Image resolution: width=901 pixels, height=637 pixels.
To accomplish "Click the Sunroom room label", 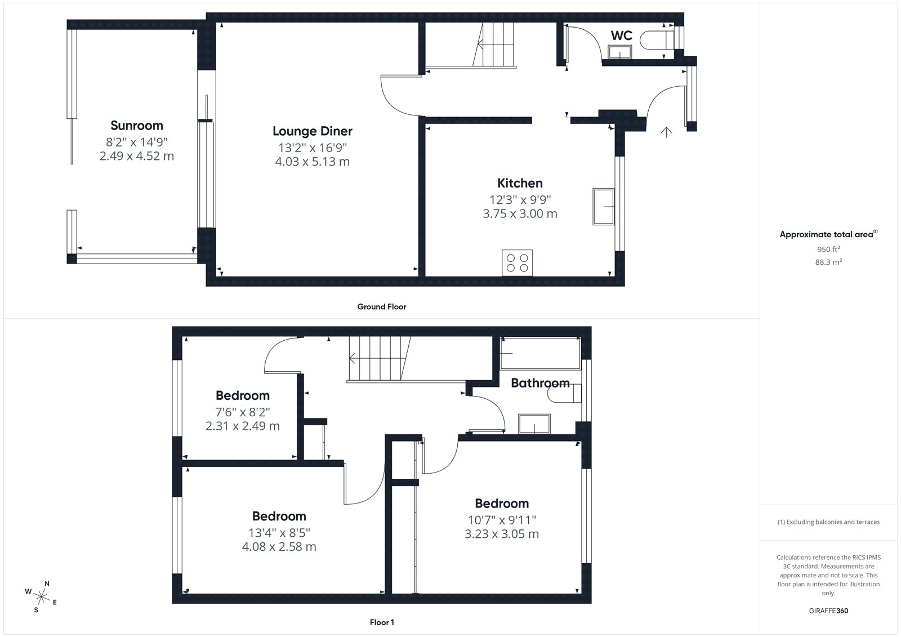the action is pyautogui.click(x=137, y=126).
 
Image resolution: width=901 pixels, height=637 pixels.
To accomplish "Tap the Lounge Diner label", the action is pyautogui.click(x=313, y=131).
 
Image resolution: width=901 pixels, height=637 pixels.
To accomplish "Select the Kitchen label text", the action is pyautogui.click(x=520, y=183).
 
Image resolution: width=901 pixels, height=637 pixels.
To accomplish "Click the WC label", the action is pyautogui.click(x=622, y=35).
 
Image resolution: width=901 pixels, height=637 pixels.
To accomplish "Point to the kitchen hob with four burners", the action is pyautogui.click(x=518, y=263).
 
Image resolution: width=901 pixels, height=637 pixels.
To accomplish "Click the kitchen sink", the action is pyautogui.click(x=603, y=207).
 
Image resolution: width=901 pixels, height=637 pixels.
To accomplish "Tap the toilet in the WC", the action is pyautogui.click(x=656, y=40).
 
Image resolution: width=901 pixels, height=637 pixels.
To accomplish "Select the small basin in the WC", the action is pyautogui.click(x=620, y=52).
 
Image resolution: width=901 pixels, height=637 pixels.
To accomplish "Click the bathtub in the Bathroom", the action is pyautogui.click(x=540, y=353).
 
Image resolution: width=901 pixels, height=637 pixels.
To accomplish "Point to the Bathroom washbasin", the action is pyautogui.click(x=534, y=424).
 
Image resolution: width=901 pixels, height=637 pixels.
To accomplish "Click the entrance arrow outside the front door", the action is pyautogui.click(x=667, y=132).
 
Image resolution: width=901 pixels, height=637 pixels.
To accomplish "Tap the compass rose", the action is pyautogui.click(x=41, y=597).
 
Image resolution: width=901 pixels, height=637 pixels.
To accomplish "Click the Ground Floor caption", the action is pyautogui.click(x=382, y=306).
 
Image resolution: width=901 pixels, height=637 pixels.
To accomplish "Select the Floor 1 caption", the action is pyautogui.click(x=382, y=622).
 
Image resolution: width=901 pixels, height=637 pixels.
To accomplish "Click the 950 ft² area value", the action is pyautogui.click(x=828, y=249).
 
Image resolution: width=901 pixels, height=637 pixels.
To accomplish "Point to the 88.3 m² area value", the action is pyautogui.click(x=828, y=262).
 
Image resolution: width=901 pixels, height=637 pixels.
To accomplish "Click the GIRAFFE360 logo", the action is pyautogui.click(x=828, y=611).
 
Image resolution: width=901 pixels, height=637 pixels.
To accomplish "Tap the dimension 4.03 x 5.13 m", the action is pyautogui.click(x=313, y=162).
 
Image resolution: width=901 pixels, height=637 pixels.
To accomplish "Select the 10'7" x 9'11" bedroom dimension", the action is pyautogui.click(x=502, y=520).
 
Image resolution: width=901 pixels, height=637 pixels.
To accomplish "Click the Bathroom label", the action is pyautogui.click(x=540, y=382).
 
